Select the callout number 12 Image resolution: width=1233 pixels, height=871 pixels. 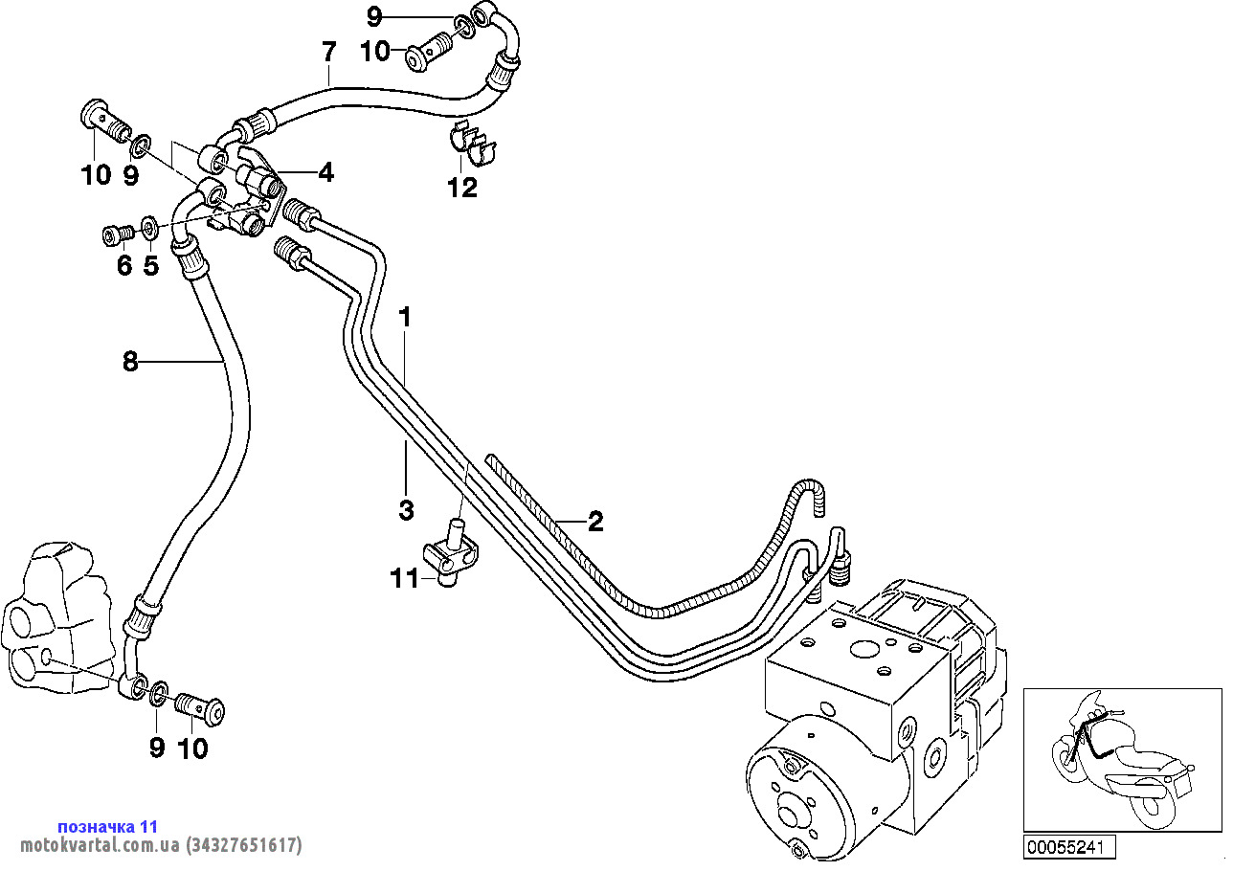(x=462, y=188)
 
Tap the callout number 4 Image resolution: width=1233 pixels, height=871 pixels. (x=326, y=173)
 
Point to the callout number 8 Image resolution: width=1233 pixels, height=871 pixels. (x=130, y=361)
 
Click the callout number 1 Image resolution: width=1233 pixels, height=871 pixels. (x=405, y=317)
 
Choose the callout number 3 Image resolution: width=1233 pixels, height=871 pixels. (x=406, y=509)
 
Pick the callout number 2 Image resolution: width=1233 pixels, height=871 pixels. (x=595, y=522)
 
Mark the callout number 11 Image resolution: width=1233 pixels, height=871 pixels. (x=404, y=578)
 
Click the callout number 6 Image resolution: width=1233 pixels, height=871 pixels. (x=123, y=265)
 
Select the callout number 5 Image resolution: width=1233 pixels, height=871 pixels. (x=150, y=265)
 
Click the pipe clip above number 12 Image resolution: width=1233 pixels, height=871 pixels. (x=473, y=145)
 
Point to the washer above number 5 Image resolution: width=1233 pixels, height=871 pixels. (x=150, y=227)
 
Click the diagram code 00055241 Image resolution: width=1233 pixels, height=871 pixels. (x=1069, y=847)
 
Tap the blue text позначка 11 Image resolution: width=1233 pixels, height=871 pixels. (x=107, y=826)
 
